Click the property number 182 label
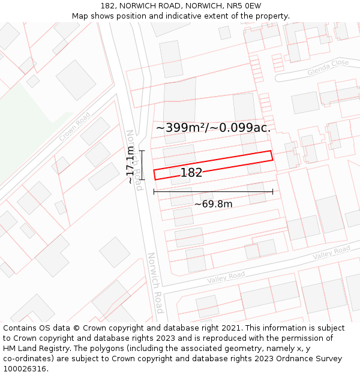coord(191,173)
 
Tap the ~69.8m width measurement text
coord(213,204)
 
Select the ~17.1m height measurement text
coord(130,165)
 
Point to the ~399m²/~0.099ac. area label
coord(213,127)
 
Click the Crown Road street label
coord(75,127)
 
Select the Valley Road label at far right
coord(331,253)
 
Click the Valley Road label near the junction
coord(226,278)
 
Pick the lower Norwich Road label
coord(155,283)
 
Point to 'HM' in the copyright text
coord(10,349)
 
